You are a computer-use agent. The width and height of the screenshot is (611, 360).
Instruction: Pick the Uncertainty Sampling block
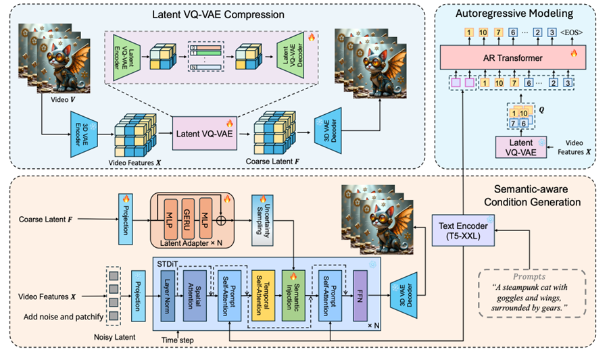point(262,219)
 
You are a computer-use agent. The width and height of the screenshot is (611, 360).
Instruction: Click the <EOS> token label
point(574,32)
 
